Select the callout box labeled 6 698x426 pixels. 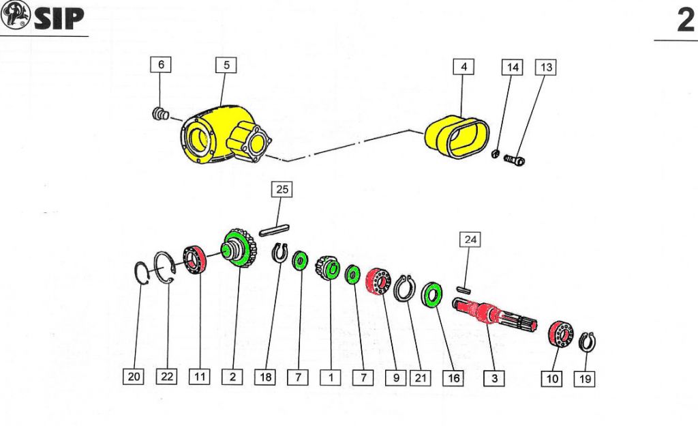click(x=161, y=65)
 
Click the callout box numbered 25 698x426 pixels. click(x=282, y=189)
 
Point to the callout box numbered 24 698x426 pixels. click(x=470, y=240)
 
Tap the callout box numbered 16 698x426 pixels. click(x=451, y=377)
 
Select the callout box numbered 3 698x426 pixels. click(x=494, y=377)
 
